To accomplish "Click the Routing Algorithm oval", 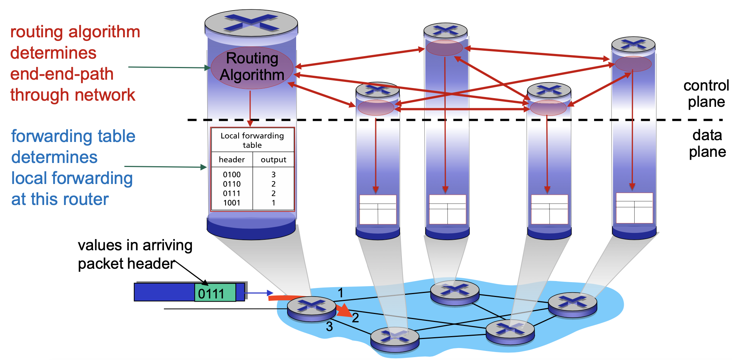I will tap(252, 67).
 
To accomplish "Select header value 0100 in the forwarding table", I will tap(232, 175).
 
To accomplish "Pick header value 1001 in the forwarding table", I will tap(232, 203).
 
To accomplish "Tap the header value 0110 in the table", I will tap(232, 184).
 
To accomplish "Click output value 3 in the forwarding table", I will tap(273, 175).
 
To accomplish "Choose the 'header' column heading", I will tap(232, 160).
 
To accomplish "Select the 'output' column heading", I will tap(273, 160).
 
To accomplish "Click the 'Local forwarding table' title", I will tap(252, 140).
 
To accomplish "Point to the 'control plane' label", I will tap(706, 93).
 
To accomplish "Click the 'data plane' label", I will tap(707, 143).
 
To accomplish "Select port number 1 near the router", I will tap(340, 293).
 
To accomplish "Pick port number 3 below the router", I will tap(329, 327).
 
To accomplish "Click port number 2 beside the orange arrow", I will tap(356, 318).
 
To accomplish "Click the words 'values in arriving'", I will tap(135, 245).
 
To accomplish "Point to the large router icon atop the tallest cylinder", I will tap(251, 22).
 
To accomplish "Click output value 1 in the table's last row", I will tap(273, 203).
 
